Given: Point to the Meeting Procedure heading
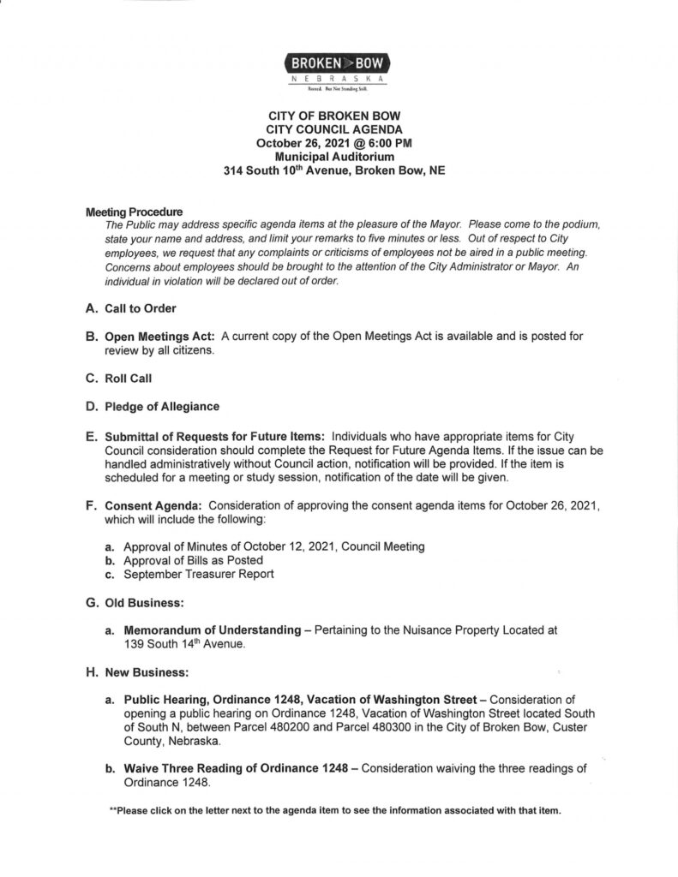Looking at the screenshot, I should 134,212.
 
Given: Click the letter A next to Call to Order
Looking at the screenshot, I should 92,308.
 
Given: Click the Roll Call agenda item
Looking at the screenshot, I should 128,378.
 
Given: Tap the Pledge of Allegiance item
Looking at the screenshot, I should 162,406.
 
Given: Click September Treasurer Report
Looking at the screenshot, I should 199,574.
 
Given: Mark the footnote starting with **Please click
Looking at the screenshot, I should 334,811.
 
